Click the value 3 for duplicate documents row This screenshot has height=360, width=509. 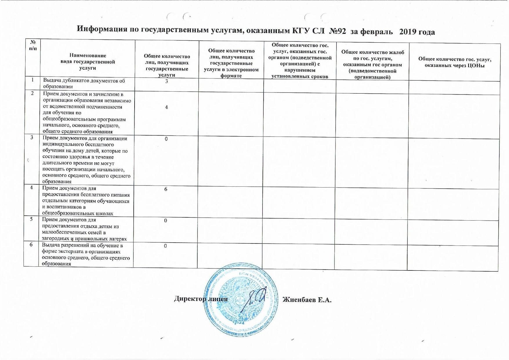[166, 81]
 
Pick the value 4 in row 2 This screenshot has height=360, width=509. [166, 107]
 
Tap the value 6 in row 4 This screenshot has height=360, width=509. [166, 189]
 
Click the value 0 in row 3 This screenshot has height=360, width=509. [166, 139]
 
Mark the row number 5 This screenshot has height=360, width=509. [31, 219]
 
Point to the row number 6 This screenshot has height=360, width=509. [31, 245]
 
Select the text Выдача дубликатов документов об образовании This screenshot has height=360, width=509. [84, 83]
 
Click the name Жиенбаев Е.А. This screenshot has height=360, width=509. [307, 300]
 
